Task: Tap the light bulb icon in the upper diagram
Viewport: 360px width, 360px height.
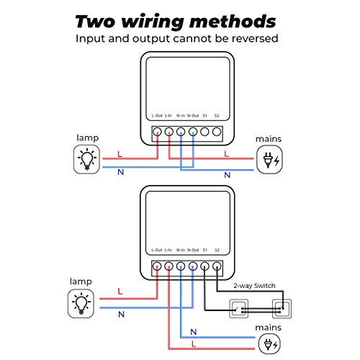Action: click(86, 158)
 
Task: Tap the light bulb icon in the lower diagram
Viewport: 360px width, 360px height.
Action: click(81, 302)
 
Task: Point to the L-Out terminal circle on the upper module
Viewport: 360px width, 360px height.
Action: click(157, 132)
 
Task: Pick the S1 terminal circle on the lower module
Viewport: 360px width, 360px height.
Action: click(205, 266)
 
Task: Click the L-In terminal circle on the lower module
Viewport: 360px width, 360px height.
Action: click(168, 266)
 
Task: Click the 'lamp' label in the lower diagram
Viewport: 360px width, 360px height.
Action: click(81, 280)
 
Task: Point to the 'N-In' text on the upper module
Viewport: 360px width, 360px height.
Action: click(181, 115)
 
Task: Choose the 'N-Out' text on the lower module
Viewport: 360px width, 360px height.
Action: click(192, 250)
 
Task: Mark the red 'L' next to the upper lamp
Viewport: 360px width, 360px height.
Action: click(120, 154)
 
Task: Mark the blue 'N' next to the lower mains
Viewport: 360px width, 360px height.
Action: click(192, 332)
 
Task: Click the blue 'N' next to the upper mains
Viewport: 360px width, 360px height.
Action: click(227, 174)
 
